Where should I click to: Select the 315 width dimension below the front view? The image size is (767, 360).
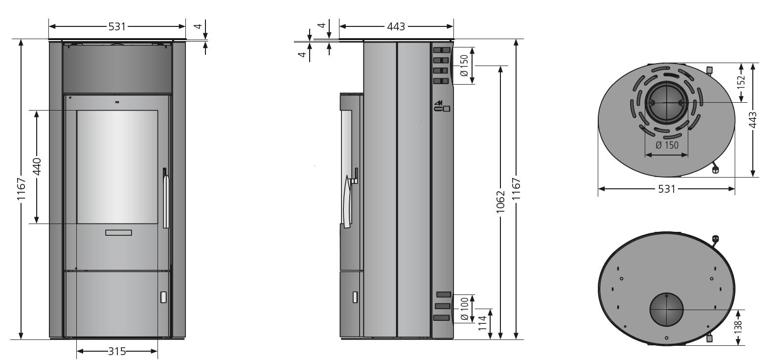[117, 351]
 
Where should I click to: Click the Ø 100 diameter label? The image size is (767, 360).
[465, 309]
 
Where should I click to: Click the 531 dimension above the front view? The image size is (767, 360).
[117, 26]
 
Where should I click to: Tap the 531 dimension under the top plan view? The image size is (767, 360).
[666, 189]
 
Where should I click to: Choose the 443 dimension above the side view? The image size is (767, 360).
[396, 26]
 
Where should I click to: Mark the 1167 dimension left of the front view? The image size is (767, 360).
[21, 190]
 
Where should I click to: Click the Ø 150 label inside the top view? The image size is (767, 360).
[667, 145]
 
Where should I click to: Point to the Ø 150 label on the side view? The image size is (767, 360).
[465, 66]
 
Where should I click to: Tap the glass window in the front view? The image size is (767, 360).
[117, 167]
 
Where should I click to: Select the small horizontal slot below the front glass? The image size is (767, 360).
[118, 232]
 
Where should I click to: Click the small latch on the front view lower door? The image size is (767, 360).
[163, 296]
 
